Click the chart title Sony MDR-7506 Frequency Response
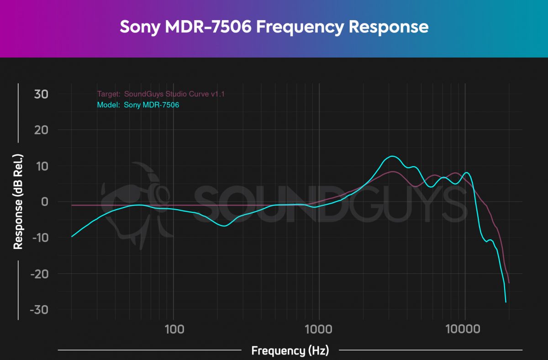pos(274,27)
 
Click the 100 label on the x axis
pos(173,329)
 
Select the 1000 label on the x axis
pos(318,329)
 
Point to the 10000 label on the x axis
pos(464,329)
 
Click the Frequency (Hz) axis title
pos(290,351)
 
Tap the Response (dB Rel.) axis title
pos(18,201)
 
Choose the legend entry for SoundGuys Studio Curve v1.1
pos(161,95)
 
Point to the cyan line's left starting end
pos(72,237)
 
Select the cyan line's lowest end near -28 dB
pos(506,302)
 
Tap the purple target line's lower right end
pos(509,283)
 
